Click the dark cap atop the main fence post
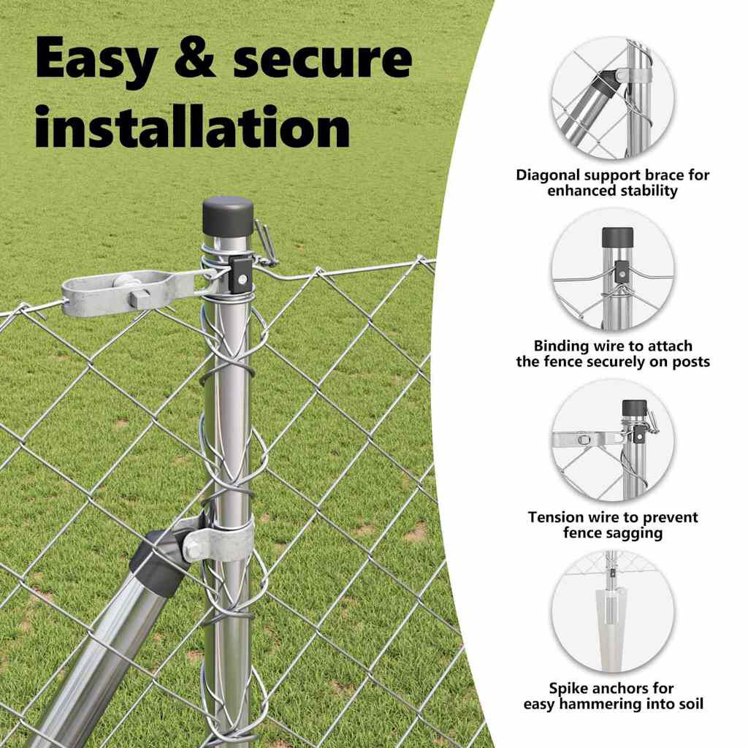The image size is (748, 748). (x=228, y=215)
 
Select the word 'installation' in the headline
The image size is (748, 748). (x=193, y=126)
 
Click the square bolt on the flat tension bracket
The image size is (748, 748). (x=140, y=299)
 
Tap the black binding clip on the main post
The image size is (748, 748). (x=241, y=275)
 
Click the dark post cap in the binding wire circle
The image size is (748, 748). (x=618, y=237)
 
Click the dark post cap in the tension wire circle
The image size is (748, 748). (x=635, y=407)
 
